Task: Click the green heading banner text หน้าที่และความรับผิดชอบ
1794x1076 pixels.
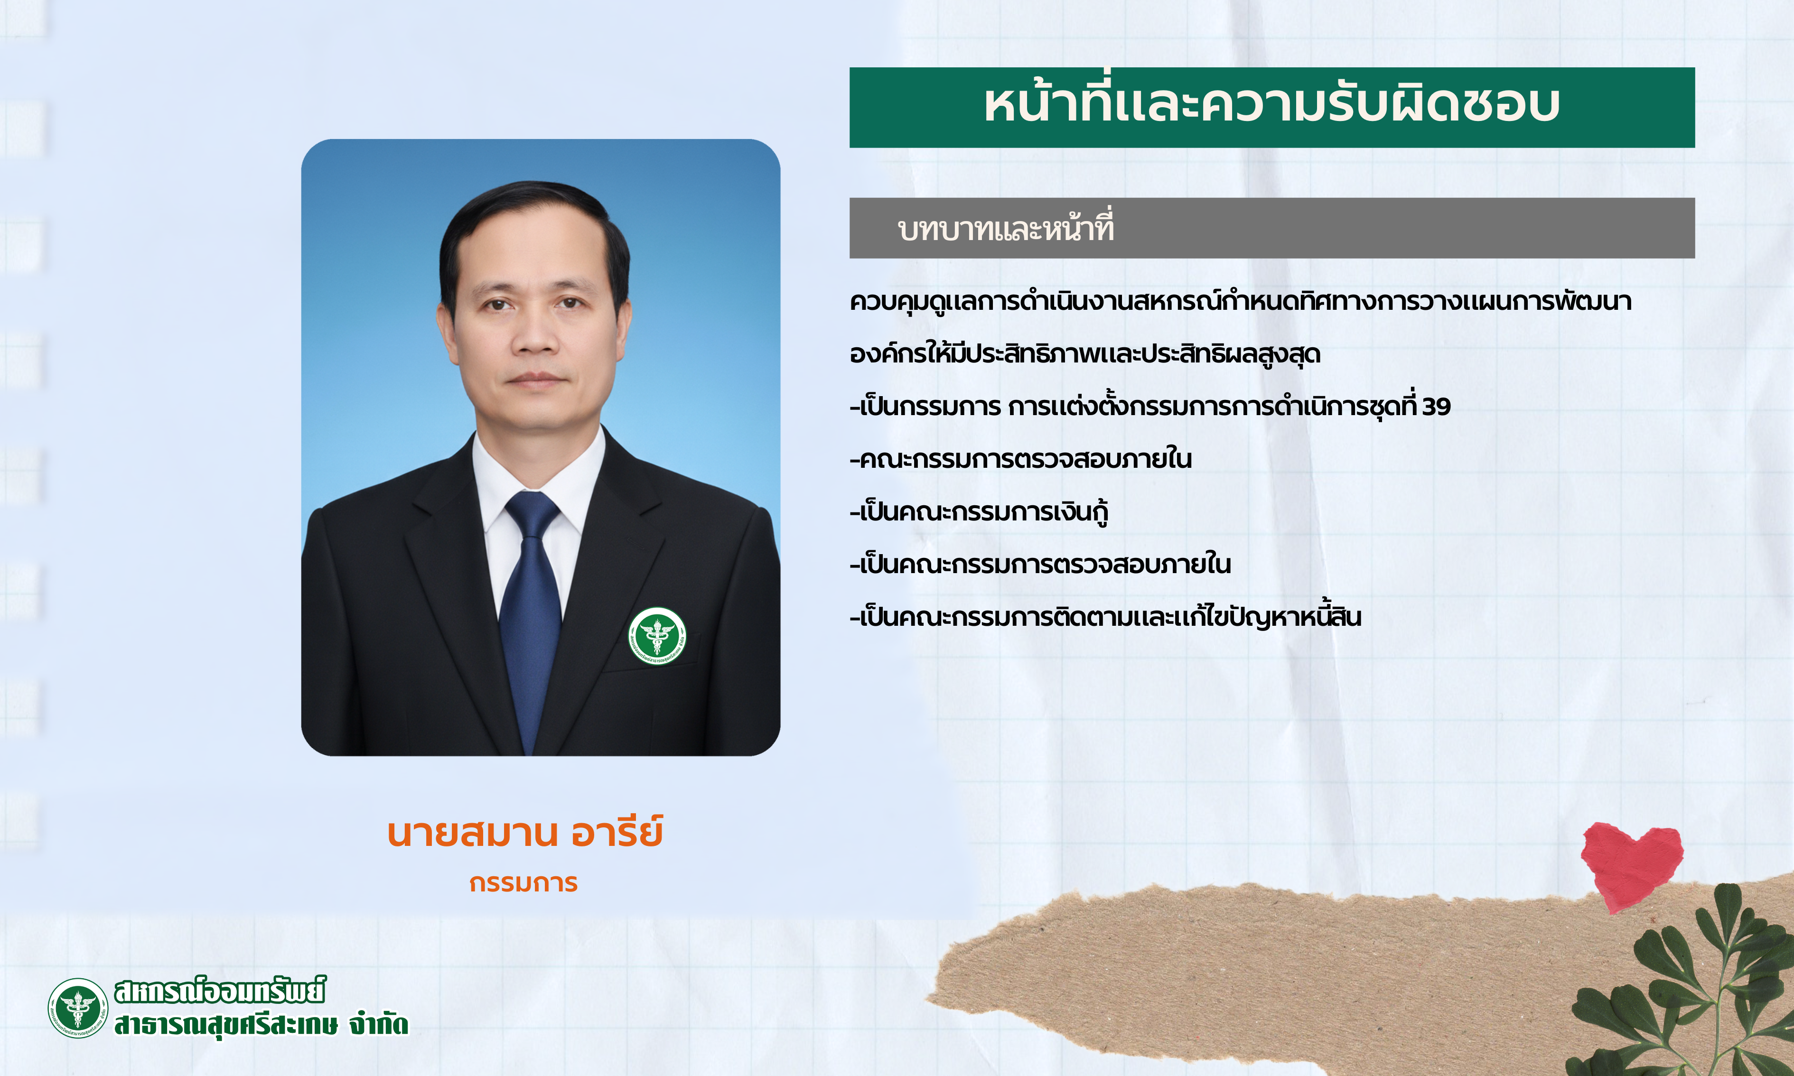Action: (x=1272, y=105)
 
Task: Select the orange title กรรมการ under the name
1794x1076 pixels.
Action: (x=523, y=883)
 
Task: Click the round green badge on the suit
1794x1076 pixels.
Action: (x=657, y=636)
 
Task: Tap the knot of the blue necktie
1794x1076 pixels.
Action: (x=532, y=514)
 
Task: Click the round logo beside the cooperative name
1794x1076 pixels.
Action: (x=77, y=1008)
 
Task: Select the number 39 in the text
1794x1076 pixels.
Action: (x=1436, y=407)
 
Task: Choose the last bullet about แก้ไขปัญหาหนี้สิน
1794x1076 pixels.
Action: (x=1106, y=616)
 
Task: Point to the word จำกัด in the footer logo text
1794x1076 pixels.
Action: (x=379, y=1024)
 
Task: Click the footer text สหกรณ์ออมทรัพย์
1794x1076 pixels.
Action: (x=220, y=991)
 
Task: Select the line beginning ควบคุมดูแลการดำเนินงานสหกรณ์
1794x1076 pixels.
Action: (x=1241, y=301)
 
